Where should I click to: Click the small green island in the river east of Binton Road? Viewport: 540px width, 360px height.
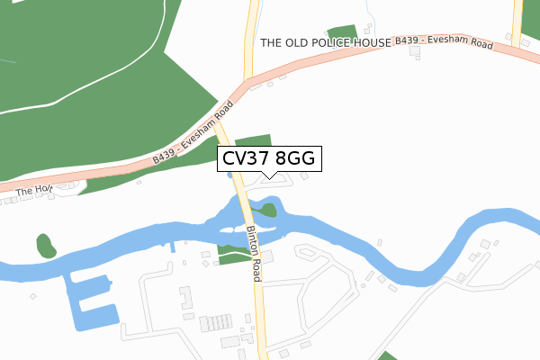267,211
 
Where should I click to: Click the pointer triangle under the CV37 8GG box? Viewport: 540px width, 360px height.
268,174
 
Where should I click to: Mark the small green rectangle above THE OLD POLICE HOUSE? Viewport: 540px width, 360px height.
342,33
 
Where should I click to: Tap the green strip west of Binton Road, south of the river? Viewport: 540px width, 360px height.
232,259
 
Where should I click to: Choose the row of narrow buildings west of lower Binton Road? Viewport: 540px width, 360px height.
217,323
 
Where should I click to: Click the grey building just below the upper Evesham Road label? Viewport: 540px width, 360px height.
416,52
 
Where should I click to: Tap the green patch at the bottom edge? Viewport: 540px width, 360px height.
387,355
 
